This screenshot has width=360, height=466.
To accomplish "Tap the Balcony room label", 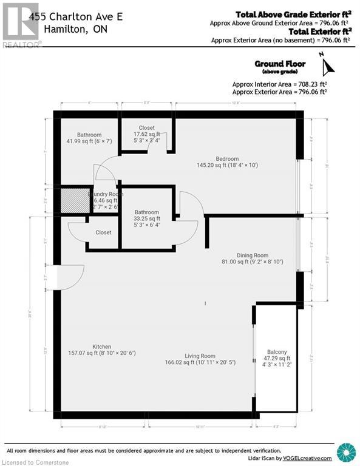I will tap(276, 352).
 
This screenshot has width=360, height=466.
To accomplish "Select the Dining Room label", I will tap(253, 255).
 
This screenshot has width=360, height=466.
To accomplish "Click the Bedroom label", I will tap(226, 158).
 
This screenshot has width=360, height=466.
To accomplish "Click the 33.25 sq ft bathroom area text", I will tap(147, 218).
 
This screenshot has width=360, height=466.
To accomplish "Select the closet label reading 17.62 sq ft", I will tap(146, 135).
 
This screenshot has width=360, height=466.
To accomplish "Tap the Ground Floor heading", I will tap(280, 64).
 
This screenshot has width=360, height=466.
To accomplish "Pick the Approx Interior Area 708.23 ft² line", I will tap(280, 84).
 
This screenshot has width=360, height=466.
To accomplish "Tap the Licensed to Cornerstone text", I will tap(35, 461).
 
